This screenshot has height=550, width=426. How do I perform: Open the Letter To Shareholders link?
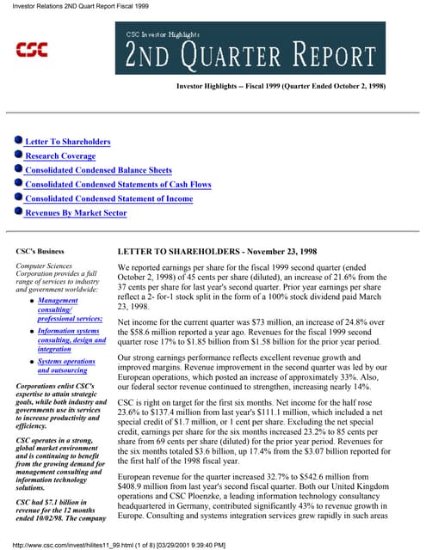67,141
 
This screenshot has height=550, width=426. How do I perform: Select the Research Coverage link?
60,156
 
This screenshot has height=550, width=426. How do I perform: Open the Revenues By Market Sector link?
76,212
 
